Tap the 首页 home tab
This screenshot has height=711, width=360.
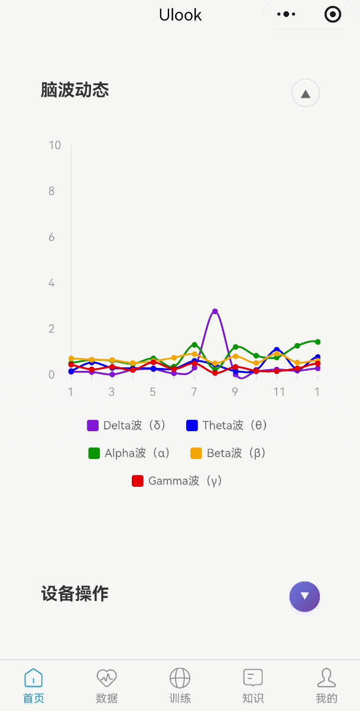tap(34, 686)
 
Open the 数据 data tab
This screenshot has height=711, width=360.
tap(107, 686)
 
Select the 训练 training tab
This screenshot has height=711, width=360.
tap(180, 686)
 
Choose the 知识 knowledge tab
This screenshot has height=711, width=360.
tap(253, 686)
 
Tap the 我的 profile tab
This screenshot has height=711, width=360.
tap(326, 686)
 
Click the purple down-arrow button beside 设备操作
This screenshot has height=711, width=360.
tap(304, 596)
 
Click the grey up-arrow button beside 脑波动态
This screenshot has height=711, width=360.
tap(306, 93)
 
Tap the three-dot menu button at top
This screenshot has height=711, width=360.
tap(286, 14)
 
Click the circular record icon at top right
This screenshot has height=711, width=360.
tap(333, 14)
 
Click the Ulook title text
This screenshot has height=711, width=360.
tap(180, 15)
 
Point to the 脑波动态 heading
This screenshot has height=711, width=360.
tap(75, 91)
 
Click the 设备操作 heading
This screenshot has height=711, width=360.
tap(75, 594)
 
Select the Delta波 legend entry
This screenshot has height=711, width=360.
tap(127, 425)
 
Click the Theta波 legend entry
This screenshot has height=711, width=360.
tap(226, 425)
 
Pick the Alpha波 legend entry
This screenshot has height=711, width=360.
tap(129, 453)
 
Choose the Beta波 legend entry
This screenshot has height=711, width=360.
tap(228, 453)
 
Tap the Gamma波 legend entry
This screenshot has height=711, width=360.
tap(177, 481)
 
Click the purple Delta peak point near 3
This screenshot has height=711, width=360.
tap(215, 311)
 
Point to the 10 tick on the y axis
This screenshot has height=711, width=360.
tap(55, 146)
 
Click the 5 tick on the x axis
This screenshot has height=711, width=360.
tap(153, 392)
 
